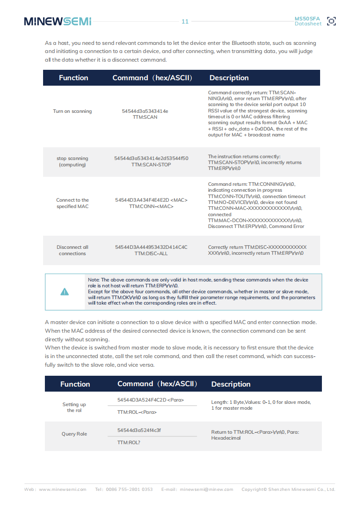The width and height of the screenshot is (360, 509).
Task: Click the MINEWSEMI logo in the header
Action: (58, 21)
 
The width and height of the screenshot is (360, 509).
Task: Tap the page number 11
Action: (185, 21)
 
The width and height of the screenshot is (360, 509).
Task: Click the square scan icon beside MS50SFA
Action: (331, 21)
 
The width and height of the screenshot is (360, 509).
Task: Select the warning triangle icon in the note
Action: (65, 291)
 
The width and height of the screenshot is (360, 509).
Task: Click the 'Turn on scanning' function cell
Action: (72, 111)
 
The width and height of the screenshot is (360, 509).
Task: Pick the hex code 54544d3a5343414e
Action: (145, 111)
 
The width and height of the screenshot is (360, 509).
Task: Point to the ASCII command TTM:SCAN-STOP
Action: (151, 165)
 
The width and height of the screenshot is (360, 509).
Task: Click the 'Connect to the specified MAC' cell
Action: (72, 203)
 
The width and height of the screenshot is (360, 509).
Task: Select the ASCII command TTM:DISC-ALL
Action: (151, 253)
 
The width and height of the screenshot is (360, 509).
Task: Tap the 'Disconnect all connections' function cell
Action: (72, 250)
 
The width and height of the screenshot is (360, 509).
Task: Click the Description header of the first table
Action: (229, 78)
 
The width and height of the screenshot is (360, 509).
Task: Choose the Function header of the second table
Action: (75, 384)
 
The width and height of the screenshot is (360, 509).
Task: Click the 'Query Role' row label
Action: (74, 434)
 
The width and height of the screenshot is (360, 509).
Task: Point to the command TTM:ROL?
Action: (129, 442)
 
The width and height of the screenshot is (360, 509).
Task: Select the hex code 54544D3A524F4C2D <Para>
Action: (151, 400)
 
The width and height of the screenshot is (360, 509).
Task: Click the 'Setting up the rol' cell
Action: (74, 407)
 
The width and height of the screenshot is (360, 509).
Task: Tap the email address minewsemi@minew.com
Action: (206, 490)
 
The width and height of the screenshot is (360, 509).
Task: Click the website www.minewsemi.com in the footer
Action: (63, 490)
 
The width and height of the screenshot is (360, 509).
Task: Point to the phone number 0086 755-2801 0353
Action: (130, 490)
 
